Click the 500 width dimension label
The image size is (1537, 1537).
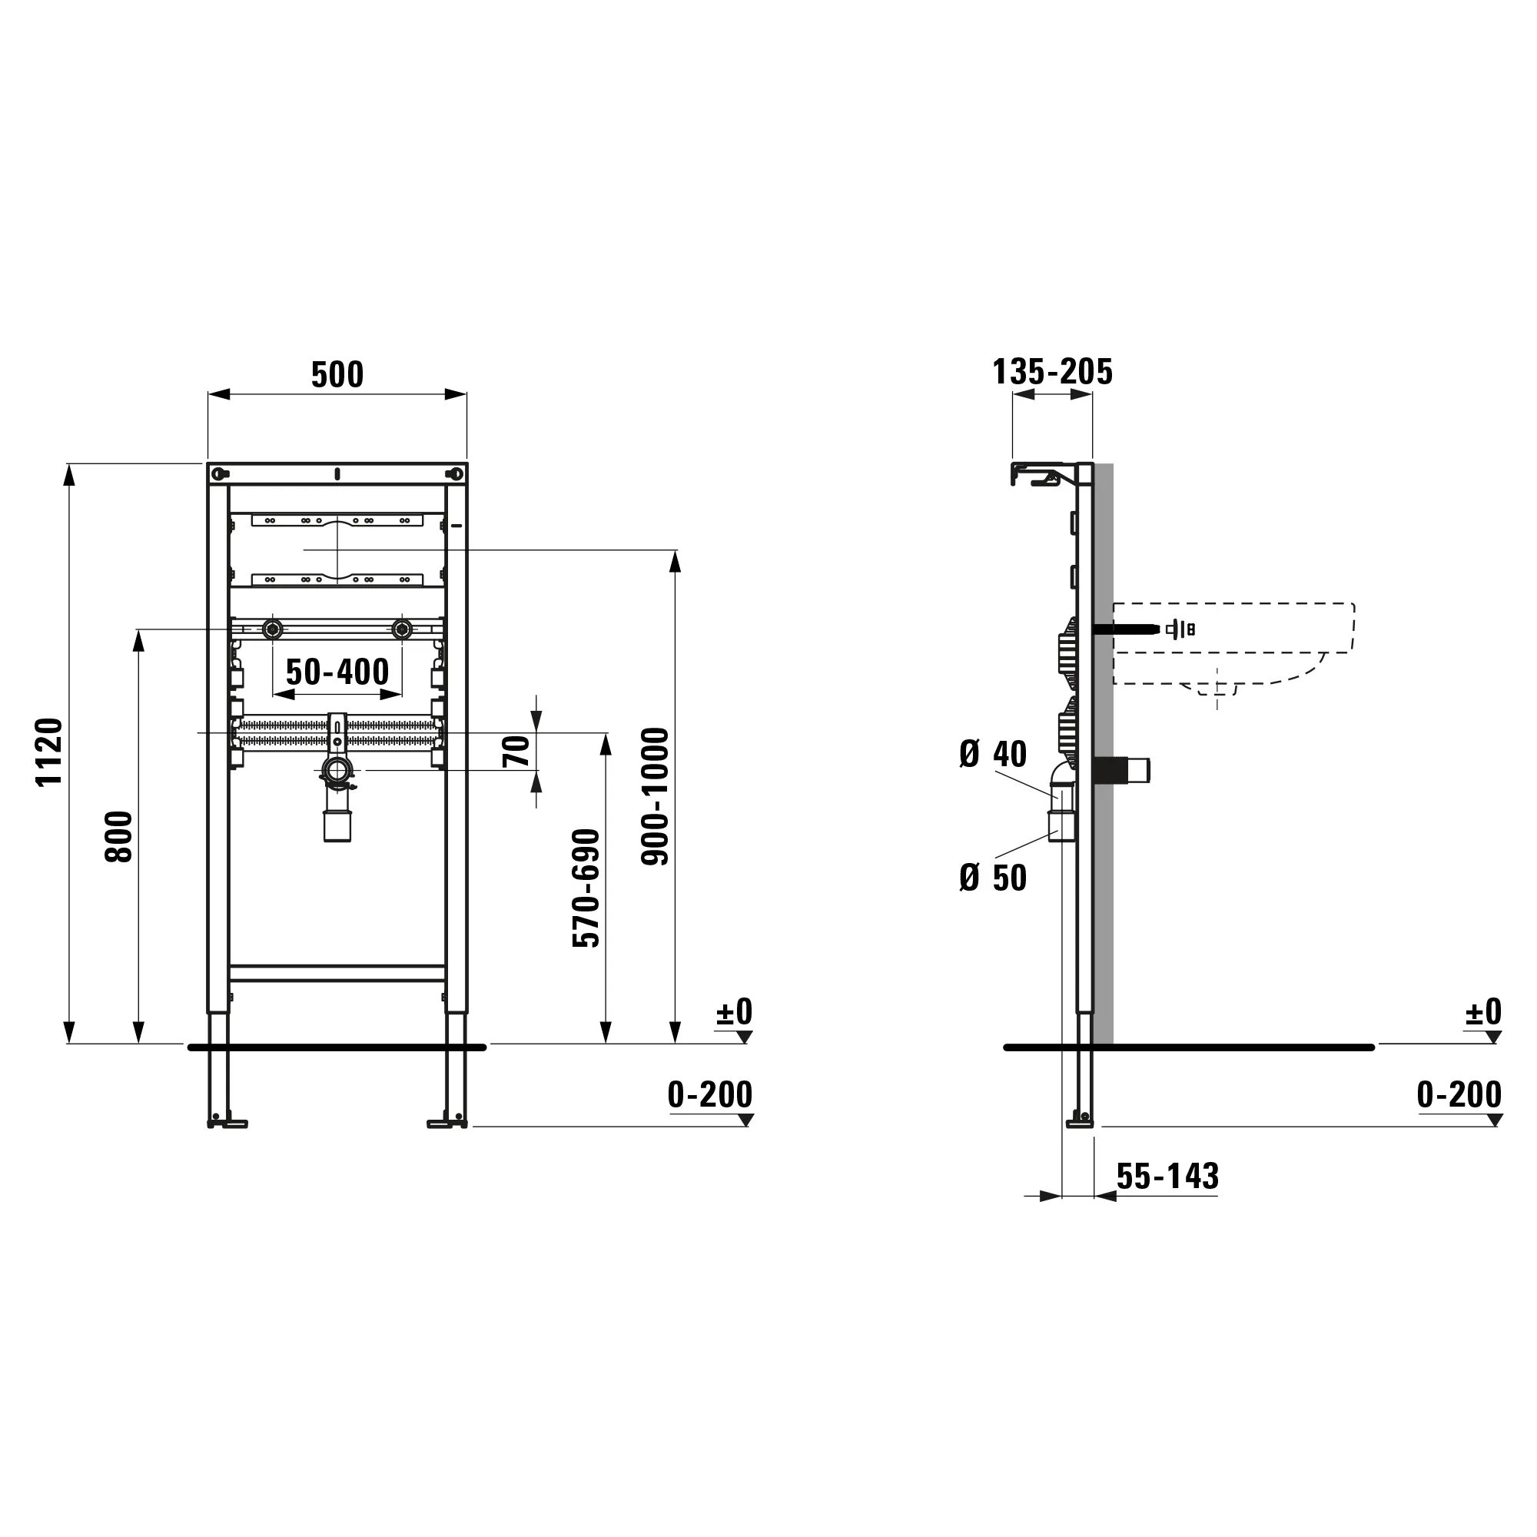point(337,375)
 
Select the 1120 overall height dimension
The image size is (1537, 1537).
point(49,752)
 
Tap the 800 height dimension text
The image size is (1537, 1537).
point(118,836)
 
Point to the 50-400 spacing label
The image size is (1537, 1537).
point(337,672)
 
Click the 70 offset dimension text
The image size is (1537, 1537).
point(517,752)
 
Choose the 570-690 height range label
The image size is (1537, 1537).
point(586,888)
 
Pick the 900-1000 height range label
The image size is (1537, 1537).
point(656,796)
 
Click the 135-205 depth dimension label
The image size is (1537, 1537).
point(1052,371)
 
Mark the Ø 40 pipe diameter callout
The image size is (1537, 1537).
point(993,753)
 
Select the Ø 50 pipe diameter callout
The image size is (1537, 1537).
point(993,878)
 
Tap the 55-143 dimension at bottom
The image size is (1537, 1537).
point(1167,1176)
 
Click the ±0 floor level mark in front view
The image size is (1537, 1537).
point(733,1012)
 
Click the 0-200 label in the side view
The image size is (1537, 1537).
point(1459,1094)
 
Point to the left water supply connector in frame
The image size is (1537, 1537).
point(273,630)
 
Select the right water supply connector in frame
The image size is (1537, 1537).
point(402,630)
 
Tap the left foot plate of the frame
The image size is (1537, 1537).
point(227,1124)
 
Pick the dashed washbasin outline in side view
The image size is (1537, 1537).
point(1233,645)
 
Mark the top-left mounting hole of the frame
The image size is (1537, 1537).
point(218,474)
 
